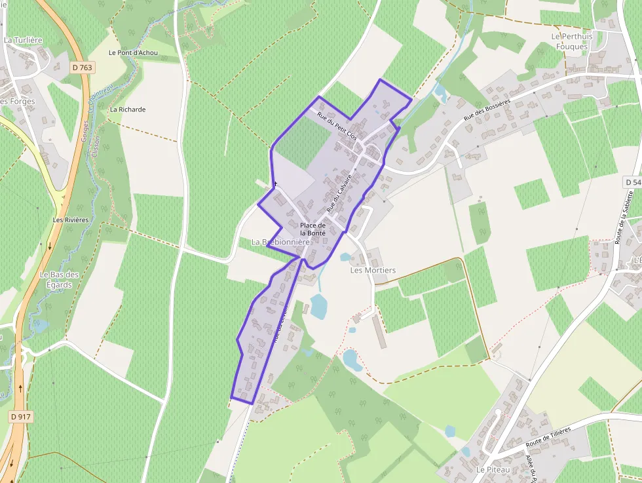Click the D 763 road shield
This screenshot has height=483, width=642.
[83, 67]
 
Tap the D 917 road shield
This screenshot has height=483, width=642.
[20, 416]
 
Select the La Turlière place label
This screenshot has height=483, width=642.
[23, 40]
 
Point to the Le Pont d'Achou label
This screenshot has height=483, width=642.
[133, 52]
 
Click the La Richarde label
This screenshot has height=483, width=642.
[128, 109]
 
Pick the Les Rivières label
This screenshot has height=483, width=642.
[70, 220]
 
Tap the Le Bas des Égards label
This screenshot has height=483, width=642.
[59, 280]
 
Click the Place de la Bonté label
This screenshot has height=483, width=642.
[313, 229]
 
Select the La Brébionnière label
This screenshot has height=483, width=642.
[280, 242]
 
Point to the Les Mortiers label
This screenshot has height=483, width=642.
[373, 270]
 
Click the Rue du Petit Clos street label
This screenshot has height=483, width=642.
[337, 126]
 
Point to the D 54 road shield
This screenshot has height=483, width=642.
[632, 182]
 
